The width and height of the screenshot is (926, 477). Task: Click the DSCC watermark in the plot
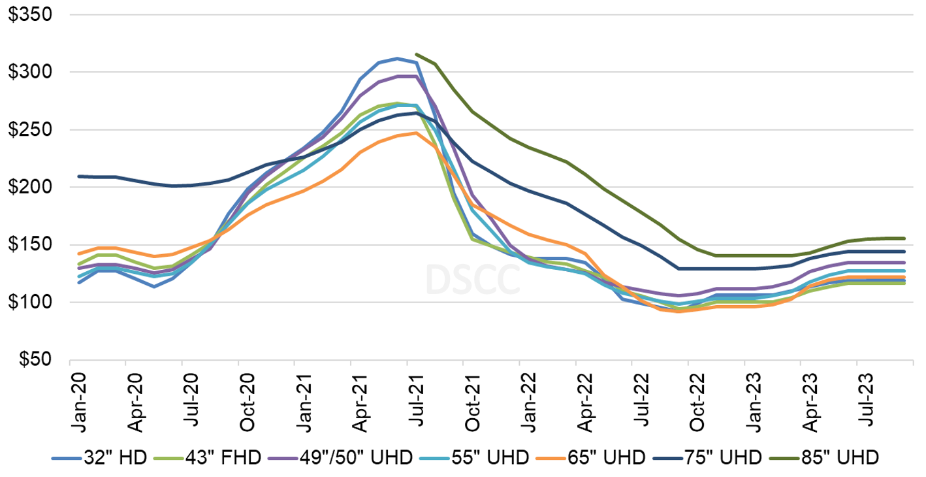[x=473, y=279]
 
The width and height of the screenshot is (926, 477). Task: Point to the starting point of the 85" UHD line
[x=417, y=54]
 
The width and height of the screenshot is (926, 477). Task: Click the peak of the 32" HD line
[x=398, y=58]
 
